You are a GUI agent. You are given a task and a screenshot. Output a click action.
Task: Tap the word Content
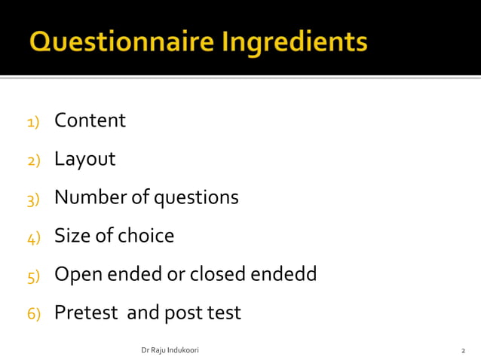[90, 121]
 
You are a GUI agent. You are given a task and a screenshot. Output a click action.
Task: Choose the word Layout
[84, 159]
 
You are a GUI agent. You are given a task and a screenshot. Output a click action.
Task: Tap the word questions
[196, 198]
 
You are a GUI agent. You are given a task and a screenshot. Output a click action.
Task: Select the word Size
[72, 236]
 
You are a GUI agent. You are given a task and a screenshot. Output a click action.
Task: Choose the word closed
[216, 274]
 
